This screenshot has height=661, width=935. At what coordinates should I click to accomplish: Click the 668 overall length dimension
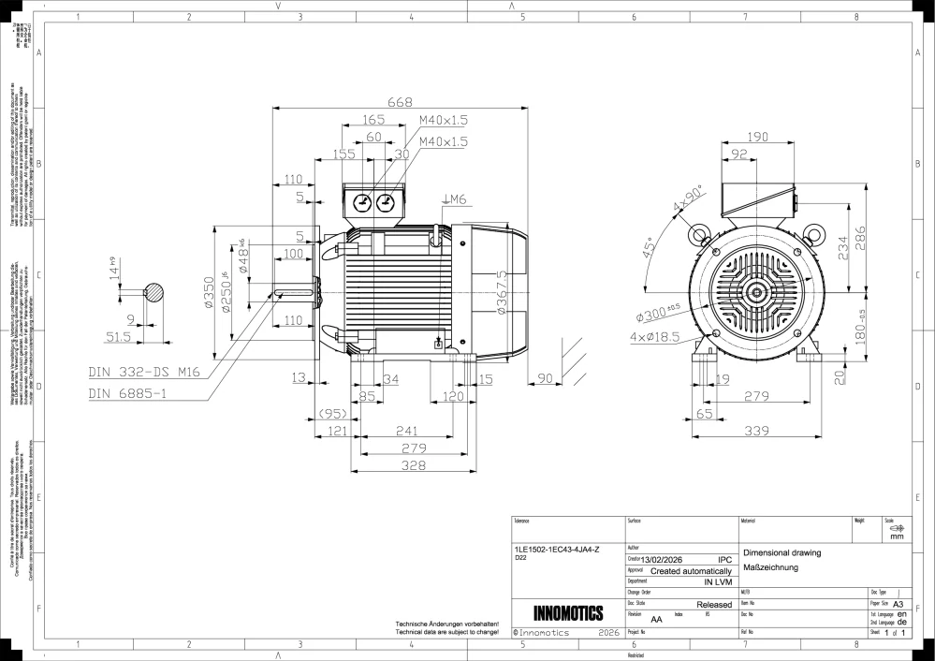(400, 103)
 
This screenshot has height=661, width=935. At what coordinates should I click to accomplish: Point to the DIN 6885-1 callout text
(128, 394)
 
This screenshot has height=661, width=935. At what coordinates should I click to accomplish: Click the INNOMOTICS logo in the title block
(567, 614)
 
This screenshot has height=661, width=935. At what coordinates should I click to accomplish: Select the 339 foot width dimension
(756, 431)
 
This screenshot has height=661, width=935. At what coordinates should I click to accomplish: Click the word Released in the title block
(715, 605)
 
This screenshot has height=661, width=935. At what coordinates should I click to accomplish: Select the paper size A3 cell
(898, 605)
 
